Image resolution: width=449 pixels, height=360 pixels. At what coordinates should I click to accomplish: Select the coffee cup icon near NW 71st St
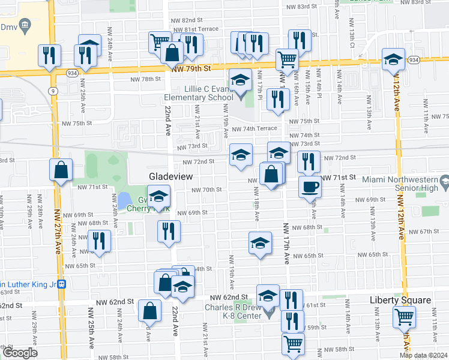[310, 186]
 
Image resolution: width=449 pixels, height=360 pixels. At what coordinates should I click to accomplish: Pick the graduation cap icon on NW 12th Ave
[393, 59]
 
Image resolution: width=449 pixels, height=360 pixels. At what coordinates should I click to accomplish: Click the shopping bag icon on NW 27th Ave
[61, 169]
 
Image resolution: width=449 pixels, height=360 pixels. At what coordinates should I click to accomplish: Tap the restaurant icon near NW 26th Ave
[99, 241]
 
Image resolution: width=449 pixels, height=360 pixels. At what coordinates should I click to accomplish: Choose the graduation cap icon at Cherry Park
[159, 196]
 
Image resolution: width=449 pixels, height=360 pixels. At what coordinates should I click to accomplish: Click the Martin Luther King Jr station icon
[61, 284]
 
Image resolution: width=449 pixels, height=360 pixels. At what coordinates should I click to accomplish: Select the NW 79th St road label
[191, 70]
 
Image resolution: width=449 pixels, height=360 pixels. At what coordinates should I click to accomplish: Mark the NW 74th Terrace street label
[254, 129]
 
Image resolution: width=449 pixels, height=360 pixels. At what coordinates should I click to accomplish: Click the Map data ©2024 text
[423, 355]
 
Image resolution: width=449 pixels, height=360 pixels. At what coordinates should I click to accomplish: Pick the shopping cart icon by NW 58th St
[293, 344]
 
